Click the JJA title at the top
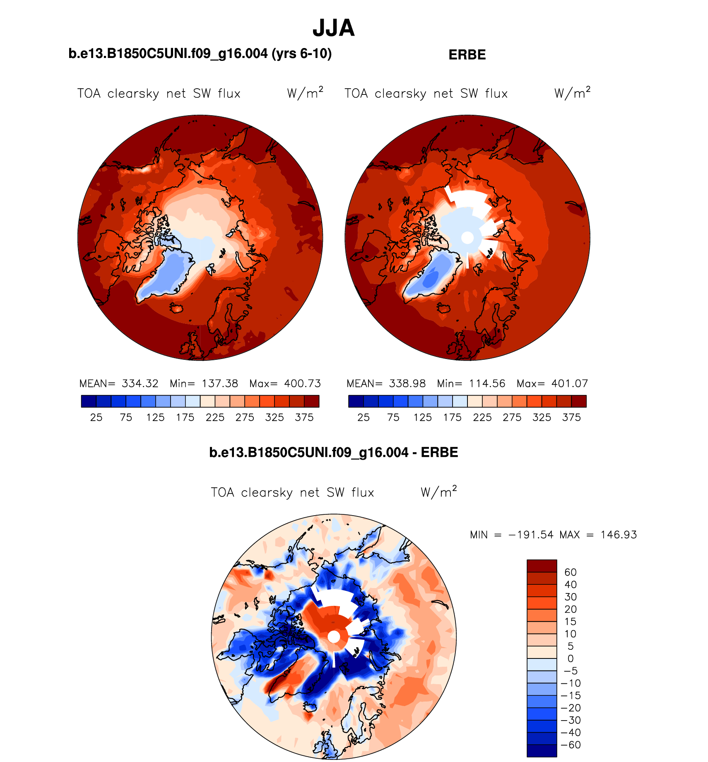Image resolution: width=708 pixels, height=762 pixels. pyautogui.click(x=333, y=28)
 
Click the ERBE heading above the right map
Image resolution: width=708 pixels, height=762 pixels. pyautogui.click(x=467, y=55)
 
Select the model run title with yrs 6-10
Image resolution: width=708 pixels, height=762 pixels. pyautogui.click(x=200, y=54)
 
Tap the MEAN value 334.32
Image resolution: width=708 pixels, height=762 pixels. pyautogui.click(x=140, y=383)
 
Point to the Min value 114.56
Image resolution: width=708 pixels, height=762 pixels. pyautogui.click(x=487, y=383)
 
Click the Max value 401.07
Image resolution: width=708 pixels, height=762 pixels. pyautogui.click(x=569, y=383)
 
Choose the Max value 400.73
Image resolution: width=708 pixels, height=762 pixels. pyautogui.click(x=302, y=383)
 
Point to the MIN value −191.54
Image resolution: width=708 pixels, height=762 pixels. pyautogui.click(x=531, y=535)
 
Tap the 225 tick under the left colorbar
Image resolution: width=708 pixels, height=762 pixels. pyautogui.click(x=215, y=417)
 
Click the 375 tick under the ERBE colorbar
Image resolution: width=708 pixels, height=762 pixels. pyautogui.click(x=571, y=417)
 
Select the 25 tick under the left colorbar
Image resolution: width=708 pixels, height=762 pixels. pyautogui.click(x=96, y=417)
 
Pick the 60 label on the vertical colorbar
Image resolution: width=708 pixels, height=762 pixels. pyautogui.click(x=570, y=572)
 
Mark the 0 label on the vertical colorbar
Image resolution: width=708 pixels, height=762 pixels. pyautogui.click(x=571, y=658)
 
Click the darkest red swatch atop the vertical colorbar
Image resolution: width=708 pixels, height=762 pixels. pyautogui.click(x=542, y=566)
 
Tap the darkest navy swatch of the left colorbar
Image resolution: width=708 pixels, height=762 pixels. pyautogui.click(x=89, y=401)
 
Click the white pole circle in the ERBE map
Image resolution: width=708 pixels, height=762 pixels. pyautogui.click(x=467, y=238)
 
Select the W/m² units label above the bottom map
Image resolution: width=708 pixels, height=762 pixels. pyautogui.click(x=438, y=492)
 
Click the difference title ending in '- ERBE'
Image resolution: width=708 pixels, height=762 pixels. pyautogui.click(x=333, y=453)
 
